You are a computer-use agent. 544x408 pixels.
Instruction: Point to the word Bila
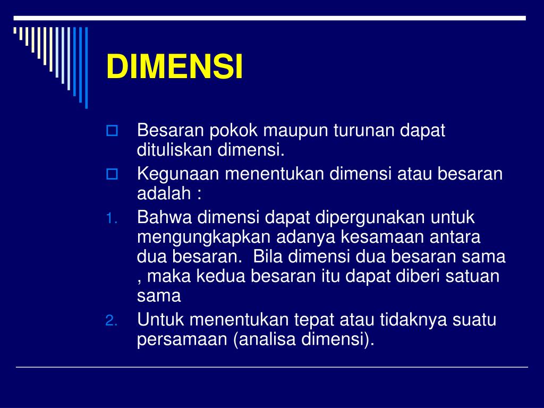pos(269,257)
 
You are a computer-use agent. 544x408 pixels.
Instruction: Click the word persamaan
pos(182,340)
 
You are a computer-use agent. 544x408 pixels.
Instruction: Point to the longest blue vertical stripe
pos(86,67)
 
